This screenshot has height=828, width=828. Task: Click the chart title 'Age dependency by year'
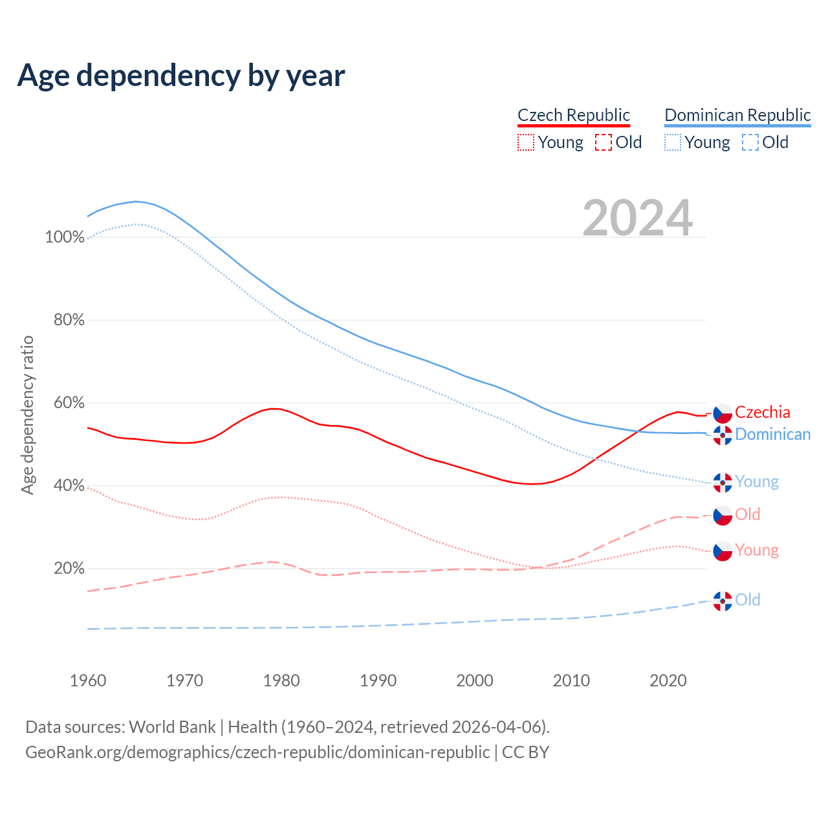coord(181,76)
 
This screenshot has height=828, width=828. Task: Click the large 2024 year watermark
coord(637,218)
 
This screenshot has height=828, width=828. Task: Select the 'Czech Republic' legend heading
coord(574,115)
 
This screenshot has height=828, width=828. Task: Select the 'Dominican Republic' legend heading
coord(737,115)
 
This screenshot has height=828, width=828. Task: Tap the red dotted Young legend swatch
coord(526,142)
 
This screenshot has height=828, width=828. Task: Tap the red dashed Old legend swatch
coord(603,142)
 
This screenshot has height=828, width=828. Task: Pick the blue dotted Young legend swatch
coord(673,142)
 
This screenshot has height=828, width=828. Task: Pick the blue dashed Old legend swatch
coord(750,142)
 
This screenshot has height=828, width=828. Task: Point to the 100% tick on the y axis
coord(65,237)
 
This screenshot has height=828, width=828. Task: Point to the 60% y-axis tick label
coord(69,403)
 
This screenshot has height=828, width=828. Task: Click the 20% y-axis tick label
coord(69,569)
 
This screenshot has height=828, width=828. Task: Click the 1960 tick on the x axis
coord(88,681)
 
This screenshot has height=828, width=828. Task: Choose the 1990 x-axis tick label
coord(378,681)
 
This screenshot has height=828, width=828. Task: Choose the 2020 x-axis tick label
coord(668,681)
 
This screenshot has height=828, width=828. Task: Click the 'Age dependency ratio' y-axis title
coord(27,415)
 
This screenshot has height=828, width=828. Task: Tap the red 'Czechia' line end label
coord(763,413)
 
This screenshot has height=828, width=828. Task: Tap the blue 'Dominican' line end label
coord(772,435)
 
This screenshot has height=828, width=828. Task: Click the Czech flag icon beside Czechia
coord(723,413)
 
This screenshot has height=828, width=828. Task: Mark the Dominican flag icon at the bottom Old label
coord(723,601)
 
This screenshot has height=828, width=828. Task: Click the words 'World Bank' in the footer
coord(172,727)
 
